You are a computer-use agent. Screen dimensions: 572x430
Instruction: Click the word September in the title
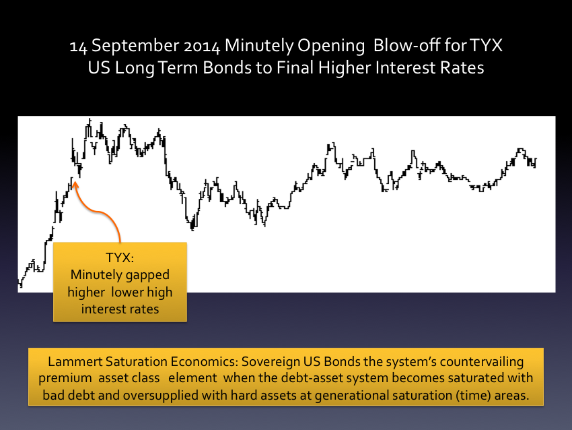[135, 46]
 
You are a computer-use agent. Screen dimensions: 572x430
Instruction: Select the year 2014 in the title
[202, 46]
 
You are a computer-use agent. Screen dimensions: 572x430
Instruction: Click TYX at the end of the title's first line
[486, 45]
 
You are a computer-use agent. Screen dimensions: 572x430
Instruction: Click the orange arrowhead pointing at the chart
[75, 184]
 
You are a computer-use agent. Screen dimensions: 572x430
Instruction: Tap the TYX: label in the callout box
[120, 257]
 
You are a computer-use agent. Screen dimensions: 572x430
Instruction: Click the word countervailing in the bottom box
[482, 362]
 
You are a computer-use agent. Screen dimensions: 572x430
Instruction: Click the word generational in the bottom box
[349, 396]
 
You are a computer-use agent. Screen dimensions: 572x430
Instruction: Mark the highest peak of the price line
[90, 119]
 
